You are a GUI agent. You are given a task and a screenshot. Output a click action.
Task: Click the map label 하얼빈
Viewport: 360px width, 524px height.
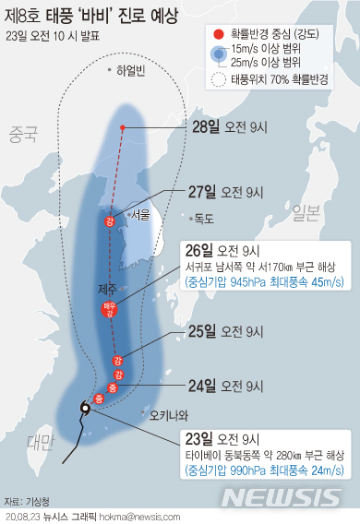(x=130, y=70)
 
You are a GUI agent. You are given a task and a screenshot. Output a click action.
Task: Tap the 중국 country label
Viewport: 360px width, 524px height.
(x=23, y=135)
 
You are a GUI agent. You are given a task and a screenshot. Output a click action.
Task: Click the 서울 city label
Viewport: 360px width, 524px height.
(x=140, y=214)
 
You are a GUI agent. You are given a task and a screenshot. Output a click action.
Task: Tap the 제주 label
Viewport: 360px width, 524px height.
(x=106, y=289)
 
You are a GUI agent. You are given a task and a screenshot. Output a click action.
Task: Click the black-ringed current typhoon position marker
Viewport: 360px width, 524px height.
(x=85, y=409)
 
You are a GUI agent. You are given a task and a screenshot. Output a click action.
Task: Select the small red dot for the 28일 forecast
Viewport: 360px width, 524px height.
(x=123, y=126)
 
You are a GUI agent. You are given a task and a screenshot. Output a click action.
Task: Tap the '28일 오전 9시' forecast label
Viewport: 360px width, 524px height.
(x=227, y=126)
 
